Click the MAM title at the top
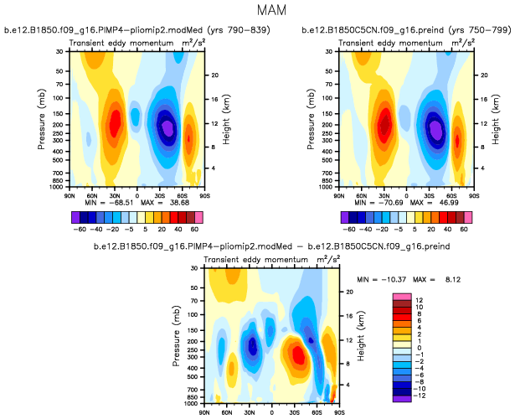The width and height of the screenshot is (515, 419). (256, 13)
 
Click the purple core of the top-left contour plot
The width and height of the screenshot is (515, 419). (167, 127)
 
